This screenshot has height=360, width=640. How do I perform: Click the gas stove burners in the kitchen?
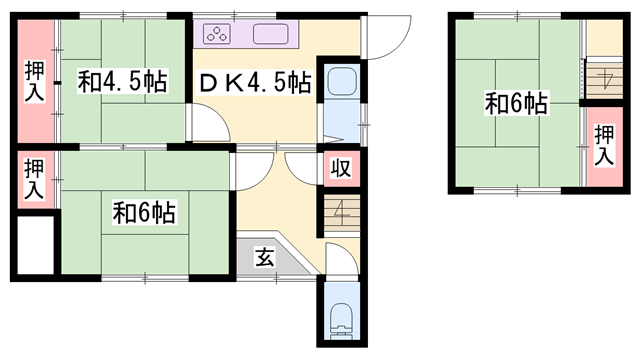217,35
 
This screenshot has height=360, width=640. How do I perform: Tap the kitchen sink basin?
271,35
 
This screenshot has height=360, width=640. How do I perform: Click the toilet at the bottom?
341,320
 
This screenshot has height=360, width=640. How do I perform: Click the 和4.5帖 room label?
121,82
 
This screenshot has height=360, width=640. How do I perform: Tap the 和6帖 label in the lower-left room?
144,213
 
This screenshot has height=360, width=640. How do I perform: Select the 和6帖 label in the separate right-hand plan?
516,103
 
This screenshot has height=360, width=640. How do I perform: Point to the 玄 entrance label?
263,256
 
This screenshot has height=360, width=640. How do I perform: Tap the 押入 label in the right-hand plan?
603,146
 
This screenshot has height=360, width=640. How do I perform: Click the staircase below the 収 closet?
340,212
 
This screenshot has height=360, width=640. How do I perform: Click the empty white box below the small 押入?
36,241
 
